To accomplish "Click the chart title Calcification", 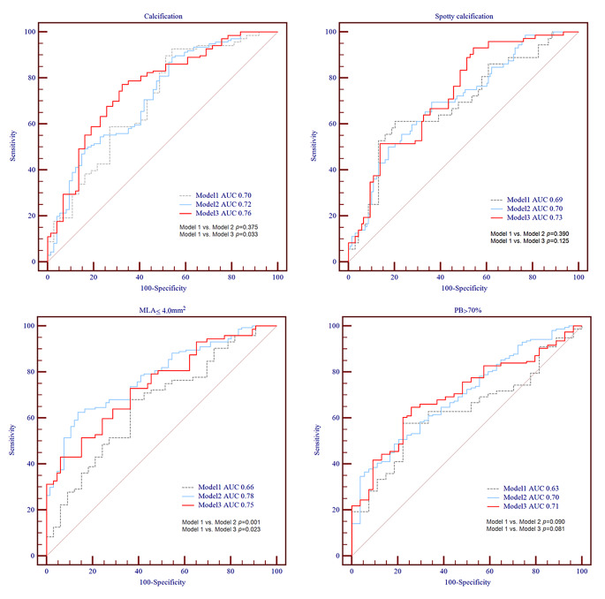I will (x=162, y=16).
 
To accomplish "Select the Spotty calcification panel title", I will (x=463, y=16).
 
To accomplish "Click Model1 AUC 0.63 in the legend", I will (x=526, y=489).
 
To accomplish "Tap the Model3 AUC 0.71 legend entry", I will (x=526, y=508).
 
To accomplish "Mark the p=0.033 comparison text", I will (x=220, y=236).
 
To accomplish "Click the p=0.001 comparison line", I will (x=220, y=523).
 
